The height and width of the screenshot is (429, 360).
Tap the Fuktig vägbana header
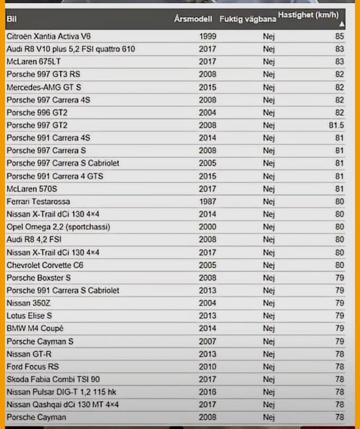(248, 19)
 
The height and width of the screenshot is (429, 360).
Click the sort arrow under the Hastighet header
(342, 25)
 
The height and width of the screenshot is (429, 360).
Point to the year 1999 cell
(208, 36)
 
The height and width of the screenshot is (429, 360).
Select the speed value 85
(339, 36)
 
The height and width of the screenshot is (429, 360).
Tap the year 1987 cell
(208, 201)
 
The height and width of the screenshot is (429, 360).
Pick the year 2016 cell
(208, 391)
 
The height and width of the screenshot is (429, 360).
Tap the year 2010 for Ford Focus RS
(208, 366)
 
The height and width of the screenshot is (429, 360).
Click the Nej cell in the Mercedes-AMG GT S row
(269, 87)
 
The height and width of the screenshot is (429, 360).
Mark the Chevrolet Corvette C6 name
(45, 264)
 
